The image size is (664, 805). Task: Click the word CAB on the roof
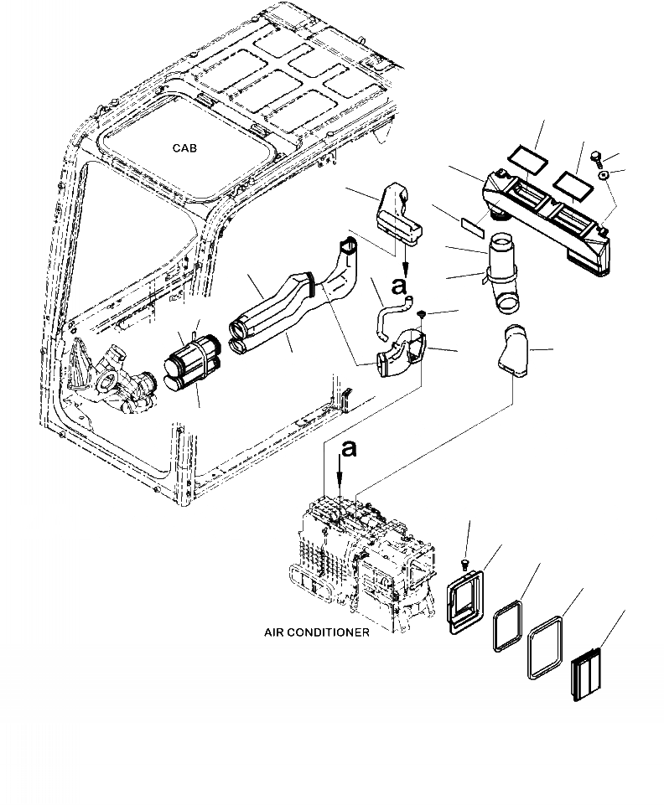point(185,147)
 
